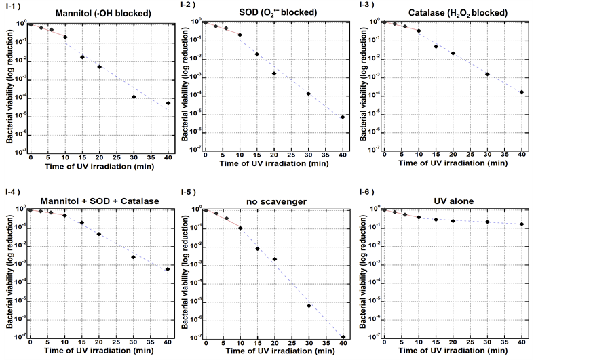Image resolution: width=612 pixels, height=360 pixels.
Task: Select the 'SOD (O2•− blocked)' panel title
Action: pos(274,14)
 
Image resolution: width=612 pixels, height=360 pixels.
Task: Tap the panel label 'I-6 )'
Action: pos(367,193)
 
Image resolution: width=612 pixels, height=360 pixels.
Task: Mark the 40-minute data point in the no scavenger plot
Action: pos(343,336)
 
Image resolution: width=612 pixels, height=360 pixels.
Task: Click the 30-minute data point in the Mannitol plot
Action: pos(134,97)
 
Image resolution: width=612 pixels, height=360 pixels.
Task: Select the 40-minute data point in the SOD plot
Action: pos(343,117)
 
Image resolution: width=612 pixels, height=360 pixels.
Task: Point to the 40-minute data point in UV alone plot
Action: pos(521,224)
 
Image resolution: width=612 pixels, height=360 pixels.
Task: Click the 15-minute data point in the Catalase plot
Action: pos(436,47)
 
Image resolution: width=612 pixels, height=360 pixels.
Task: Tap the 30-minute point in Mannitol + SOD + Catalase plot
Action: pos(134,257)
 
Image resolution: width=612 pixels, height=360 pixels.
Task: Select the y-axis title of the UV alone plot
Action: pos(367,271)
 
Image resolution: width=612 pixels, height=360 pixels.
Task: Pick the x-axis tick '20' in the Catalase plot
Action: pos(453,157)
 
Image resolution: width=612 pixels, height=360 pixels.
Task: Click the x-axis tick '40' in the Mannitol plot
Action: pos(168,157)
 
